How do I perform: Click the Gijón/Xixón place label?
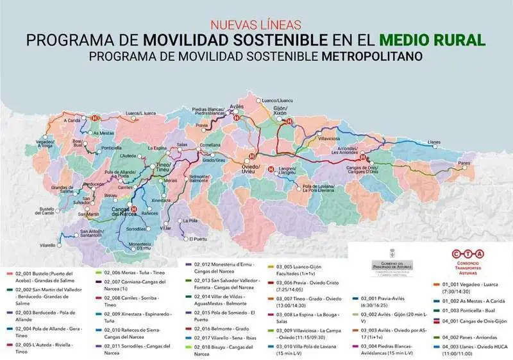(280, 110)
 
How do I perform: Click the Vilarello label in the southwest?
(47, 246)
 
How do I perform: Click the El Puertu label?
(198, 239)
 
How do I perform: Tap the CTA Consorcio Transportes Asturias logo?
(469, 261)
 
